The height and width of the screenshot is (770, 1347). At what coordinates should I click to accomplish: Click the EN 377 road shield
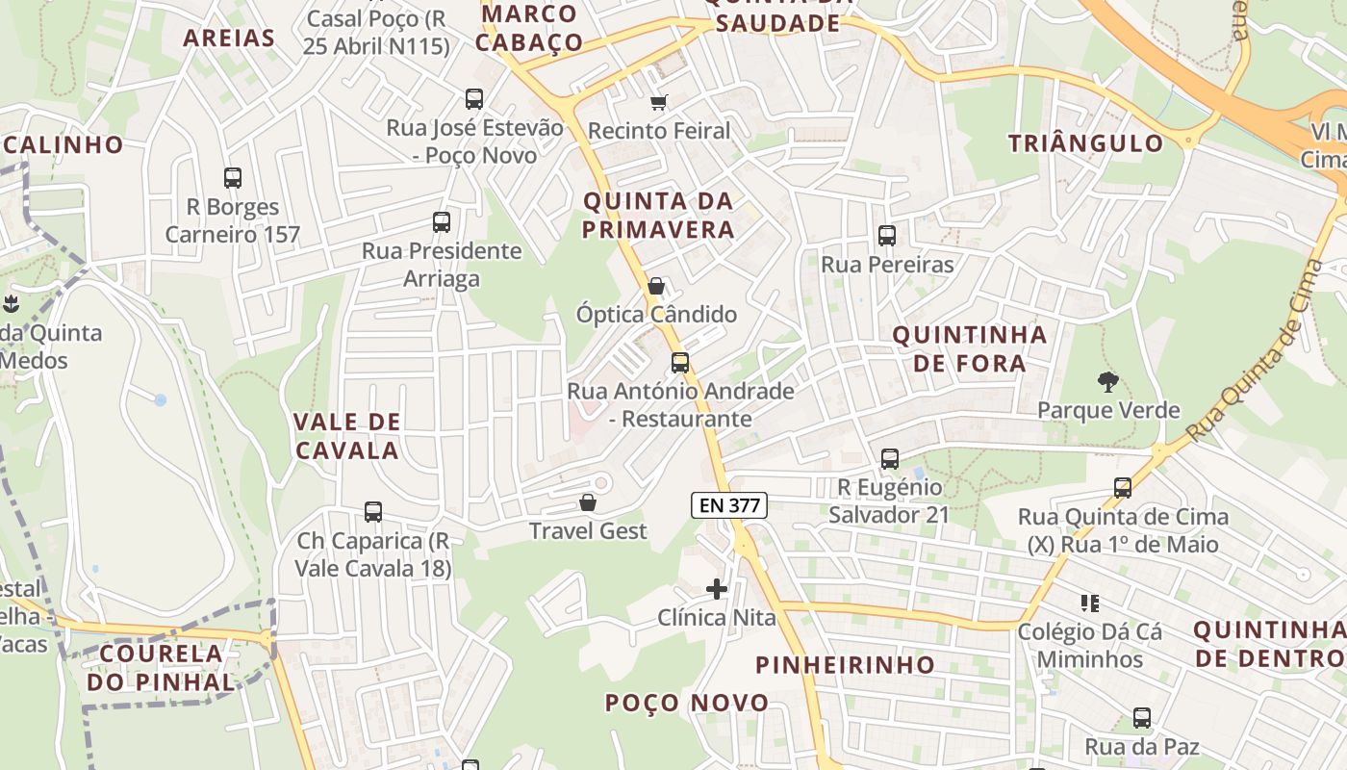[728, 504]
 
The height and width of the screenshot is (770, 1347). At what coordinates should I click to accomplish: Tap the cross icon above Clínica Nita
[716, 588]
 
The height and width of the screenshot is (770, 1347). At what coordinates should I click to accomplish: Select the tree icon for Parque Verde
[1108, 381]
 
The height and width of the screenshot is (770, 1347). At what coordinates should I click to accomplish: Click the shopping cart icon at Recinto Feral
[659, 102]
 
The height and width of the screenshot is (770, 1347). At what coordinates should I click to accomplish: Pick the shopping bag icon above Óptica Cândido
[656, 286]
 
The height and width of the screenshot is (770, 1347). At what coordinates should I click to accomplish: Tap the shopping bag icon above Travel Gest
[587, 502]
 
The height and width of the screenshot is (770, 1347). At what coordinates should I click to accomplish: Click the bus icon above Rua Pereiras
[886, 235]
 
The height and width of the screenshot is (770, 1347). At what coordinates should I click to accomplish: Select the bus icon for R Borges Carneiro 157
[233, 177]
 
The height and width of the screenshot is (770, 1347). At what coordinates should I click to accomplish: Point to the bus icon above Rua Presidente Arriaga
[442, 222]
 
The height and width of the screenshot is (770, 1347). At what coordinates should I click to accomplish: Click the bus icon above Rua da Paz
[1142, 717]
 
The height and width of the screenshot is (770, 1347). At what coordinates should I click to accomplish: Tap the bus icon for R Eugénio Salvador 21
[890, 459]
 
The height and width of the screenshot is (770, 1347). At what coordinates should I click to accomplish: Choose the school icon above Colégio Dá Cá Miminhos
[1090, 603]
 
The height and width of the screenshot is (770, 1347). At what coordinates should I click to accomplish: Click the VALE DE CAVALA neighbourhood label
[346, 436]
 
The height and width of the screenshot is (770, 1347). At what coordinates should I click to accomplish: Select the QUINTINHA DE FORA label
[969, 348]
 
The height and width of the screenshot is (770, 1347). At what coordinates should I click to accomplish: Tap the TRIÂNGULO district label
[1085, 143]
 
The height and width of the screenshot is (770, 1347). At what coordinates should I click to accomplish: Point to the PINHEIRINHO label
[845, 664]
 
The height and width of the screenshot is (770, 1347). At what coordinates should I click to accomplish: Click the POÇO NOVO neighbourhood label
[687, 703]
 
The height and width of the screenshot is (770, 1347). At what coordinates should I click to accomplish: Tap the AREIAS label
[229, 38]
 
